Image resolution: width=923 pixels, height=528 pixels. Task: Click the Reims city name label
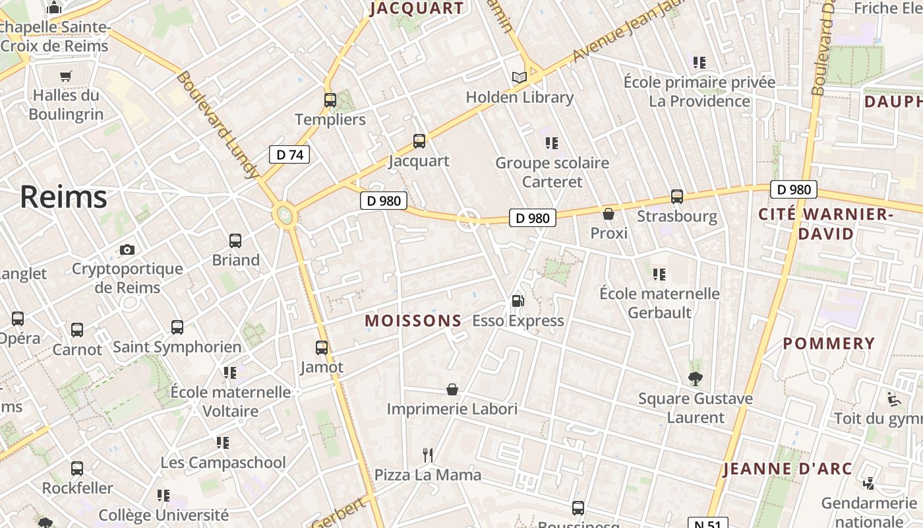63,197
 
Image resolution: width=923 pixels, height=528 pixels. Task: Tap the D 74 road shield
289,155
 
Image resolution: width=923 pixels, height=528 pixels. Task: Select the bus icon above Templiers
330,100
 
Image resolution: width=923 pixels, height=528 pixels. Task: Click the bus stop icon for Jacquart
419,141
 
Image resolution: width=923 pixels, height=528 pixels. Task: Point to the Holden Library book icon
520,77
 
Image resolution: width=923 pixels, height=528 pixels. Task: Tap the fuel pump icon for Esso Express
518,301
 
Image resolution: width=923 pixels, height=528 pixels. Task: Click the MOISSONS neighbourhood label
413,321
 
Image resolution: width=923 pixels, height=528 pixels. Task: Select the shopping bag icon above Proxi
609,214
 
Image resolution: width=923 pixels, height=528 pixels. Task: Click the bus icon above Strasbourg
677,197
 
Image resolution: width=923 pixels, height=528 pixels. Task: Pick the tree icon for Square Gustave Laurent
695,378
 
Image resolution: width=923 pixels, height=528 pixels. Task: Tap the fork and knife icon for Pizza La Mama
428,455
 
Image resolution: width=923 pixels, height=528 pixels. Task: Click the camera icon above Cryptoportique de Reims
127,249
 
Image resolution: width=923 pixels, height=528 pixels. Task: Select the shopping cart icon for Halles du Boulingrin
65,76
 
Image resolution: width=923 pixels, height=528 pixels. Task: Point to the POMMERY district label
829,344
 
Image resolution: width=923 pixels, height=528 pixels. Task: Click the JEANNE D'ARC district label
788,469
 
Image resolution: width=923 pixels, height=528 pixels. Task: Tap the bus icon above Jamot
322,347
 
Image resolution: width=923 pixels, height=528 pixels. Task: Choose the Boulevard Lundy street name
217,125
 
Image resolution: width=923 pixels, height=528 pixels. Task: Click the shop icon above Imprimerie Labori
452,389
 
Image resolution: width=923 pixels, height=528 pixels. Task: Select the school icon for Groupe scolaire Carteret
552,143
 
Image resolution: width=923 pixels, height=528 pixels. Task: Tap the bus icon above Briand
235,241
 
